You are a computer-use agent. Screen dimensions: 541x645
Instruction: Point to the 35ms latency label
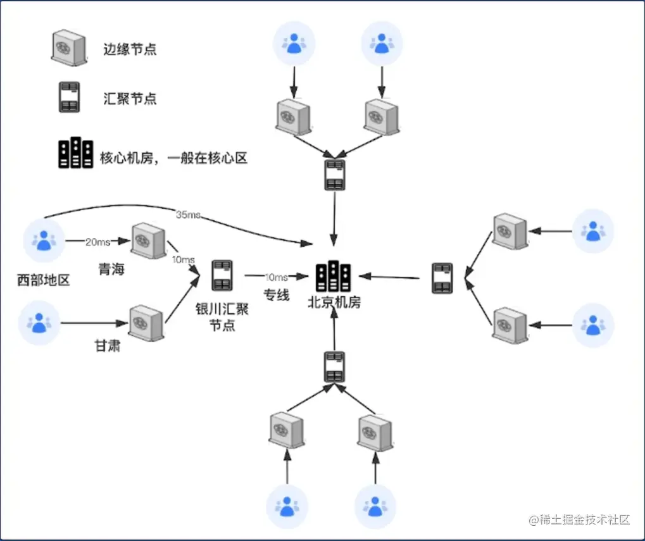(188, 215)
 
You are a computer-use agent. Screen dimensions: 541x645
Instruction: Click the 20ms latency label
(97, 241)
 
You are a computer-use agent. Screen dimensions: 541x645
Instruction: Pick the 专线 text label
(277, 294)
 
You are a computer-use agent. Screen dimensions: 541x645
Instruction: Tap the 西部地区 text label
(43, 280)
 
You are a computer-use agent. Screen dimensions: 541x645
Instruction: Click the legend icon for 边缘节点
(68, 49)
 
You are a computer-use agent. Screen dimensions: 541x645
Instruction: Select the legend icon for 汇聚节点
(68, 97)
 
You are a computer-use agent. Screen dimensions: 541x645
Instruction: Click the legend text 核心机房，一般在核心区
(173, 158)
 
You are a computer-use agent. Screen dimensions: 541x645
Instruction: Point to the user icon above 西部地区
(44, 240)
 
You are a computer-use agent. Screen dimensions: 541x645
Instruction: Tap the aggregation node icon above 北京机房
(335, 175)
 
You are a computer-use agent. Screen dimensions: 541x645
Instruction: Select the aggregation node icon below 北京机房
(334, 366)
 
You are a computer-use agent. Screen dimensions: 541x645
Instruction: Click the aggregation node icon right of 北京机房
(442, 278)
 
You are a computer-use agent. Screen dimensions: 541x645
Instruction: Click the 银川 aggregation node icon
(222, 275)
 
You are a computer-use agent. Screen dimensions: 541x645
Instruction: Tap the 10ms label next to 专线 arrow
(277, 277)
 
